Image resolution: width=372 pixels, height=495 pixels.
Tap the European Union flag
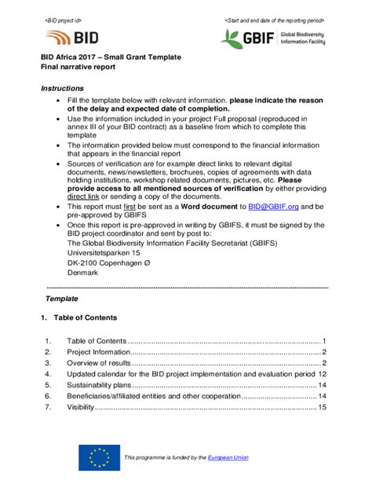point(99,457)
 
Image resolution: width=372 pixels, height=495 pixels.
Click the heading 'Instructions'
point(62,89)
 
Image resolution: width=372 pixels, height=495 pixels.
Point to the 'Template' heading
point(62,299)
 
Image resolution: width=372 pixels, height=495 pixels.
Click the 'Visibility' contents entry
point(81,408)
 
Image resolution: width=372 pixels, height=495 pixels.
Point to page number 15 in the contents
point(323,408)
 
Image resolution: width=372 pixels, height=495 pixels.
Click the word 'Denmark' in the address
point(83,273)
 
